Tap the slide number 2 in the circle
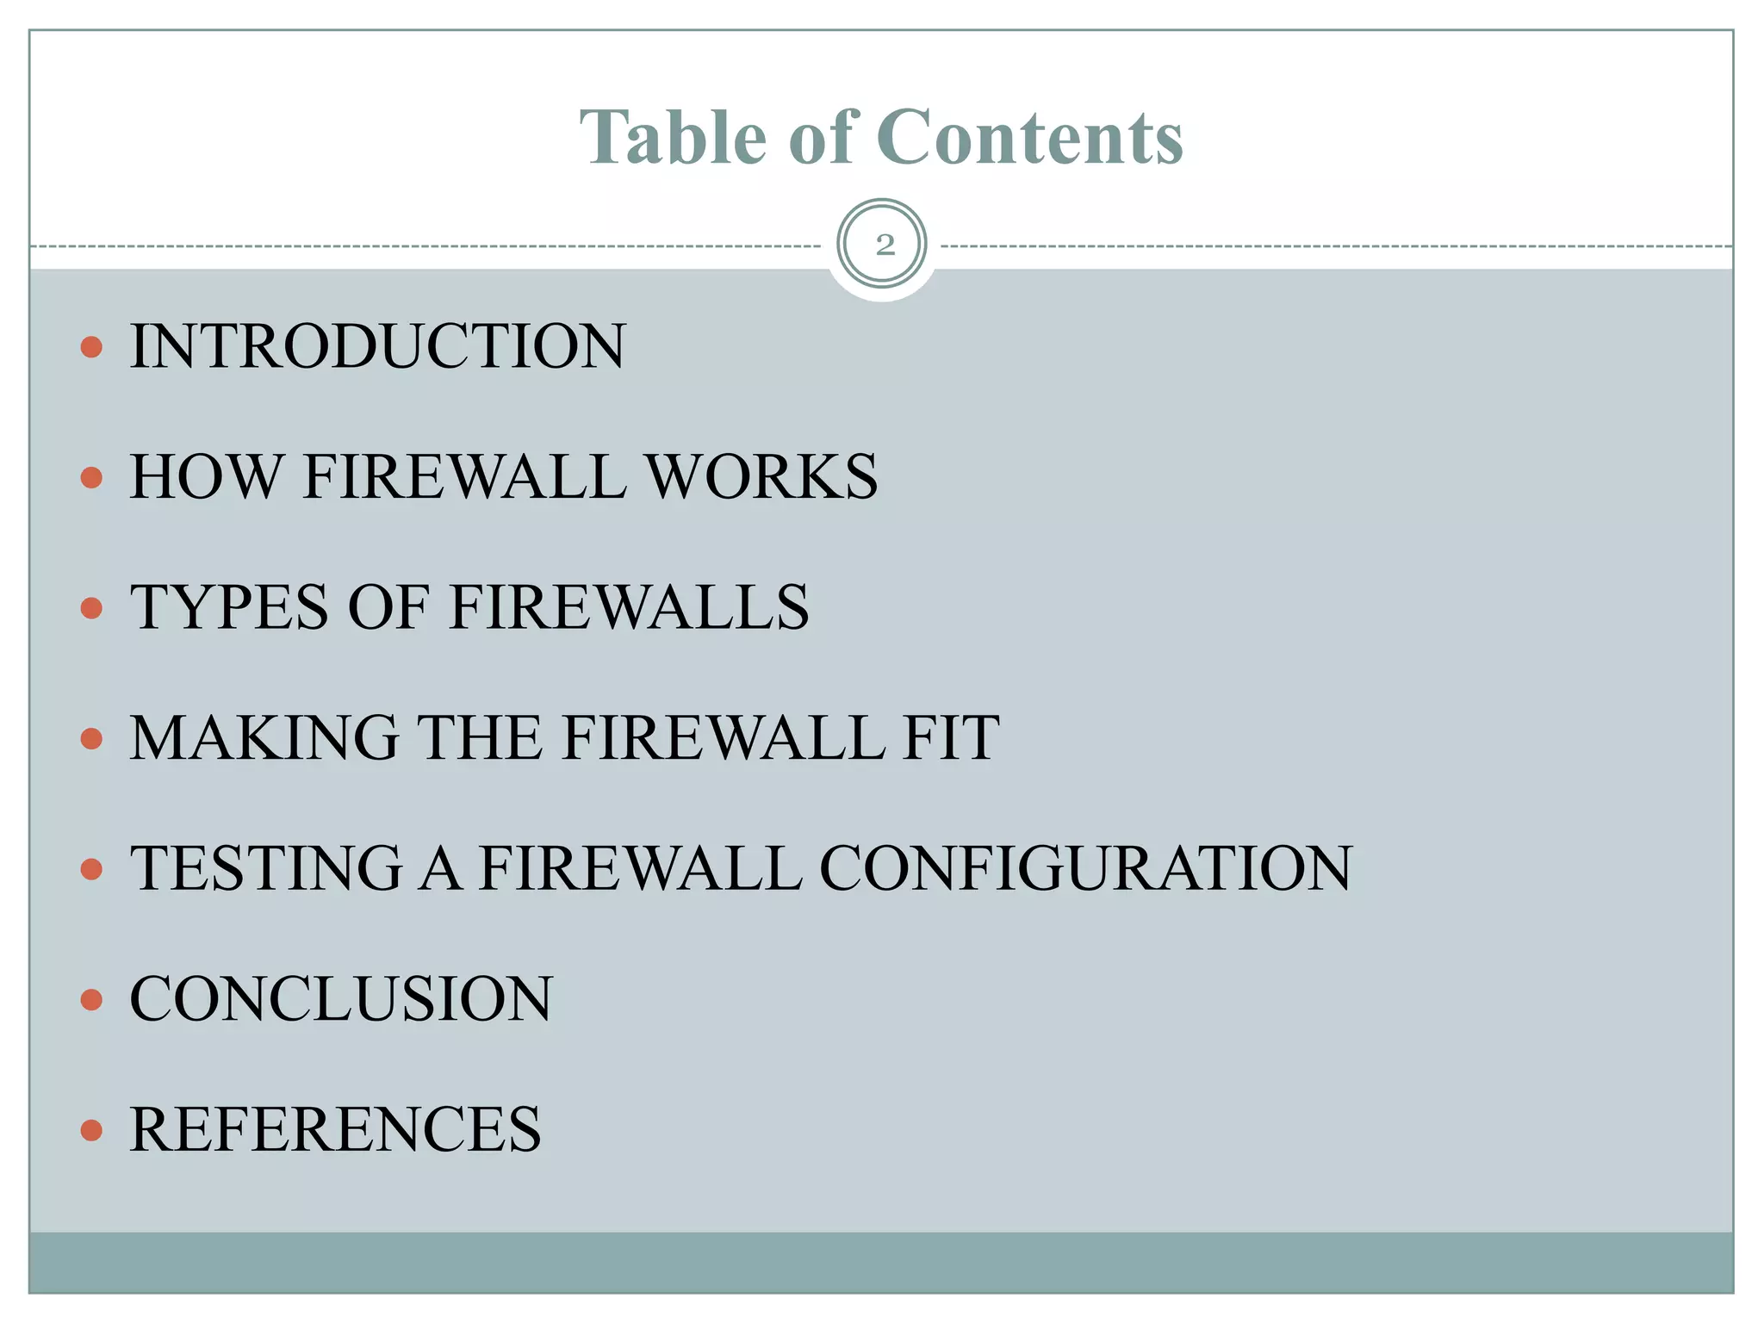(x=884, y=245)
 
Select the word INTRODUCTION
(x=377, y=346)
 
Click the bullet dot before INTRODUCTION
(x=91, y=347)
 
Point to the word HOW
(x=206, y=476)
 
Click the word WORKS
(x=761, y=476)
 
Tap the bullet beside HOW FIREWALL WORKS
(x=91, y=477)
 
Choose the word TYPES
(x=229, y=607)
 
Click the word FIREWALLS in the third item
(x=629, y=607)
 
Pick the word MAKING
(x=264, y=737)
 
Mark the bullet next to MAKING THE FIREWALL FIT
(x=91, y=738)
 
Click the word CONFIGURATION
(x=1085, y=867)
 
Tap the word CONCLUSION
(x=341, y=998)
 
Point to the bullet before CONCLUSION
(x=91, y=999)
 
